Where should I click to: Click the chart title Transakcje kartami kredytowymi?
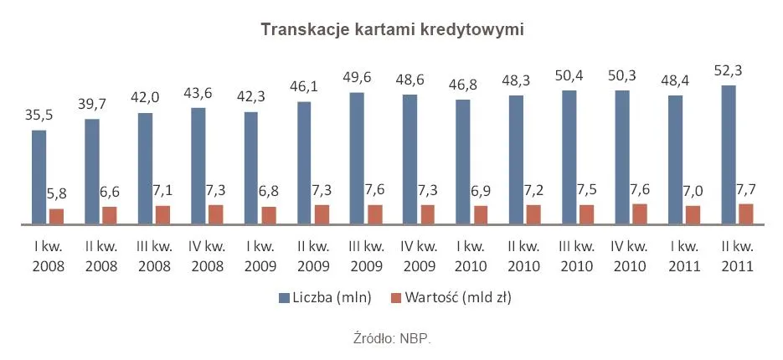(x=392, y=30)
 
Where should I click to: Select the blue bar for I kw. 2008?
(x=39, y=177)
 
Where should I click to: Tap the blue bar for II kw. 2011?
(x=729, y=155)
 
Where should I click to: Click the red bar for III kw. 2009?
(x=375, y=214)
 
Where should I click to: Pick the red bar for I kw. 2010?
(x=481, y=215)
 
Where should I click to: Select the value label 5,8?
(x=57, y=193)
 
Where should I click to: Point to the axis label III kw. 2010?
(x=578, y=257)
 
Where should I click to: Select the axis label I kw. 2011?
(x=684, y=257)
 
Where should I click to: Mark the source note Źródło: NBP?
(x=392, y=339)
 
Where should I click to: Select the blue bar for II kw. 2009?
(x=304, y=163)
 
